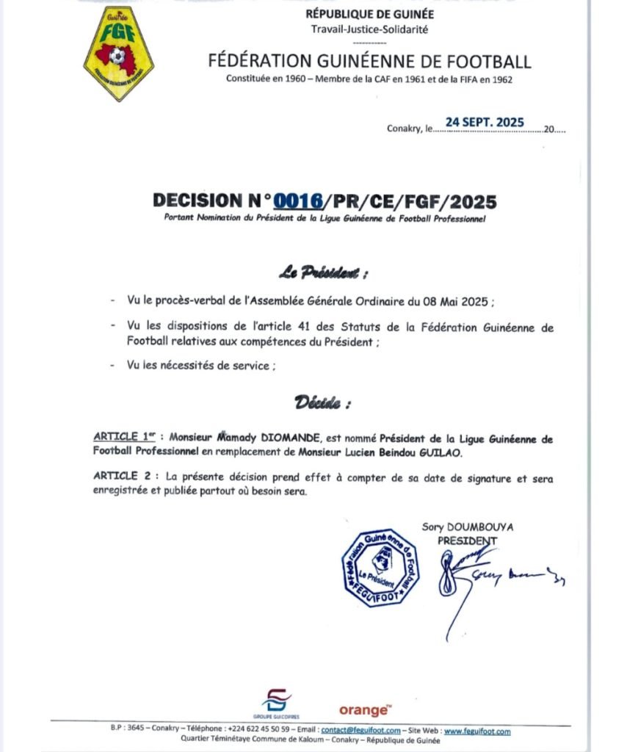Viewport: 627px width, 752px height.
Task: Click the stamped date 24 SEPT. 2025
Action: point(485,122)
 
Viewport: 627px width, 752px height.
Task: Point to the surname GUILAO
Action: point(439,452)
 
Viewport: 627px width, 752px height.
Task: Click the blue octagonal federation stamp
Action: point(380,567)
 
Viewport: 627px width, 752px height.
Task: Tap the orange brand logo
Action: point(363,710)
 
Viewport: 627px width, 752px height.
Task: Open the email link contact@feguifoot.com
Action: point(361,731)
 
